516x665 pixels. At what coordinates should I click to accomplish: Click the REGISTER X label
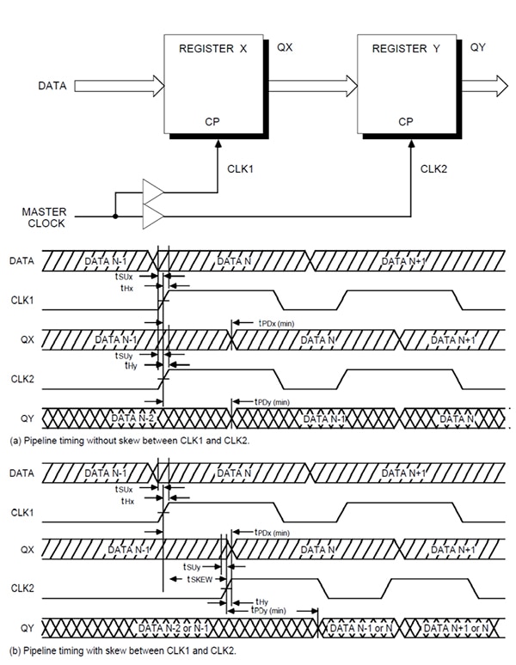(212, 49)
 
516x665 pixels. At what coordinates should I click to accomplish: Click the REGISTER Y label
(406, 49)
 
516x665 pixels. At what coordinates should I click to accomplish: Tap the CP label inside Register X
(212, 121)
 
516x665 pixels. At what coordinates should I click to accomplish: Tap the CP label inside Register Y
(406, 121)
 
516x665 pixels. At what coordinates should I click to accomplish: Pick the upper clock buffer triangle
(154, 192)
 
